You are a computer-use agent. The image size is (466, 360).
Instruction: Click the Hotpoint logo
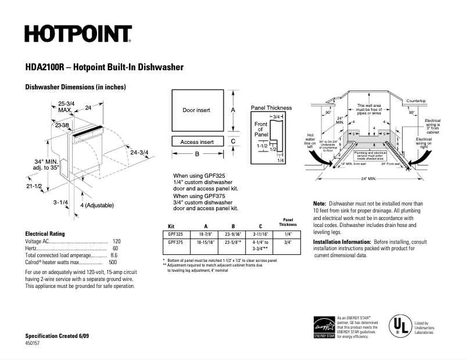click(78, 34)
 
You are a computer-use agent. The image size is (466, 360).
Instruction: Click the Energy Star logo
click(324, 327)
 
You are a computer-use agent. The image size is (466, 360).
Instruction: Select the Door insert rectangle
click(196, 110)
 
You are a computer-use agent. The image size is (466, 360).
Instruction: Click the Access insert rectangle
click(196, 142)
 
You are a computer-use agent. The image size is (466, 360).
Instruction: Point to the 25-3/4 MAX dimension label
click(65, 106)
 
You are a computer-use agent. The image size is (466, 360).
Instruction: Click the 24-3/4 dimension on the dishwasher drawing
click(139, 153)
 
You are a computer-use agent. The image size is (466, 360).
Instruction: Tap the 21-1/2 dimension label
click(34, 186)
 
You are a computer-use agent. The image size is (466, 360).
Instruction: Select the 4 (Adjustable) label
click(96, 206)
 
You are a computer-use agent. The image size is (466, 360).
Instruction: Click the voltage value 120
click(116, 241)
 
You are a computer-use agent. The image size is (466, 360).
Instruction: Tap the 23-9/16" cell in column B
click(234, 233)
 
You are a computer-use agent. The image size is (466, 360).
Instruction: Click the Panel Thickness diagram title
click(271, 108)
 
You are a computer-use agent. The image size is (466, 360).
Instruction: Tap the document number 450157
click(34, 344)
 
